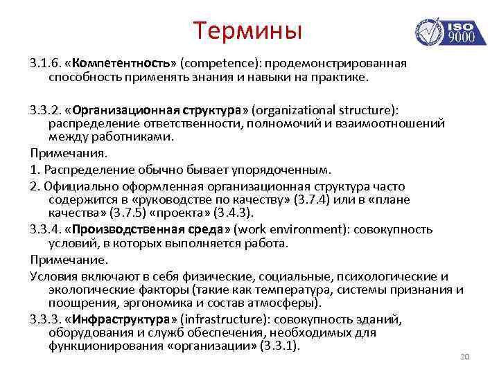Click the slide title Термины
[248, 30]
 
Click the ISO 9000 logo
[446, 31]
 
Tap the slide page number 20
[465, 357]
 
